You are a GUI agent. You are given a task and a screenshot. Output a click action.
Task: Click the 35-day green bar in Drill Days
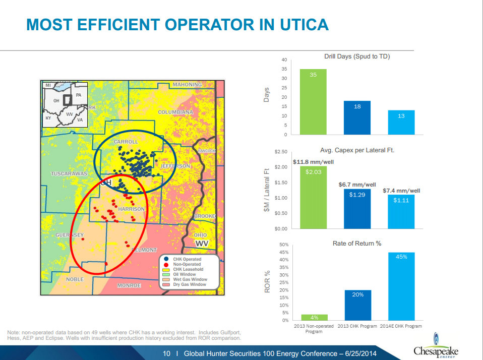313,101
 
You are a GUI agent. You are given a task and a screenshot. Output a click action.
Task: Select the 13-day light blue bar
401,122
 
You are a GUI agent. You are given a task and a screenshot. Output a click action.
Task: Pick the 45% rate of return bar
401,286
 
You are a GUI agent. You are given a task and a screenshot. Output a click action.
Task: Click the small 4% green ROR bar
314,317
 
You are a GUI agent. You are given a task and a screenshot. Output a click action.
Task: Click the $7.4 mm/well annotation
401,191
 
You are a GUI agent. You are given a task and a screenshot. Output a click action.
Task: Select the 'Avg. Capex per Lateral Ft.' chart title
357,150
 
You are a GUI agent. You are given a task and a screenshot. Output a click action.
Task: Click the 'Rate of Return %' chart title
356,243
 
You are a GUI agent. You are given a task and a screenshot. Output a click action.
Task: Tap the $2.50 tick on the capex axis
281,152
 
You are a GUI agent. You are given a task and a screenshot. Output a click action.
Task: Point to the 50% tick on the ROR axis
283,245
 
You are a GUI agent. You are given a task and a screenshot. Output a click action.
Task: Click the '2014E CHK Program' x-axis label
401,326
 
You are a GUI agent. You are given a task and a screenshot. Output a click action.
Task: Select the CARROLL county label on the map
126,142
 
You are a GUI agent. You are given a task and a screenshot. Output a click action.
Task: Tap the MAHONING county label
187,84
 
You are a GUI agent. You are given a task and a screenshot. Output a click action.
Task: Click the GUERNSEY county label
70,235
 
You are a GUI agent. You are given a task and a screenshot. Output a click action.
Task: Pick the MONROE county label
129,285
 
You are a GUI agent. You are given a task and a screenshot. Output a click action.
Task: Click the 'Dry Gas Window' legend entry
190,284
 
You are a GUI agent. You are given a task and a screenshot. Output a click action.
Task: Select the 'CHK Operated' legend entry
187,259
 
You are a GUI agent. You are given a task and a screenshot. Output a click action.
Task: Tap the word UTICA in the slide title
297,24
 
